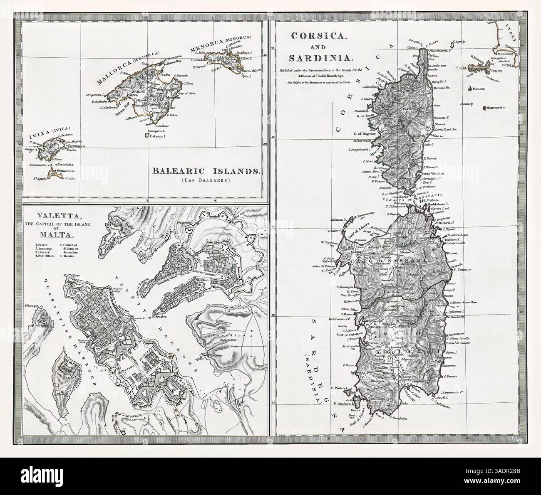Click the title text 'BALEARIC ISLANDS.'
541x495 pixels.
tap(206, 171)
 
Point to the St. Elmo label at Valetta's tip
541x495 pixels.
tap(66, 275)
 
